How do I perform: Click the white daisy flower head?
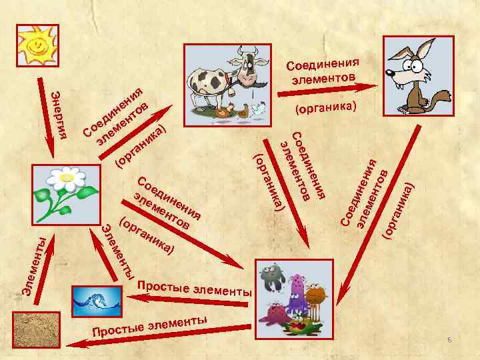[x=65, y=177]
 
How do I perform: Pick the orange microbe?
[x=317, y=293]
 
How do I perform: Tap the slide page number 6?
[x=449, y=341]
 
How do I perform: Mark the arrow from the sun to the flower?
[x=46, y=113]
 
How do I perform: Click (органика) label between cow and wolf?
[x=327, y=107]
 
